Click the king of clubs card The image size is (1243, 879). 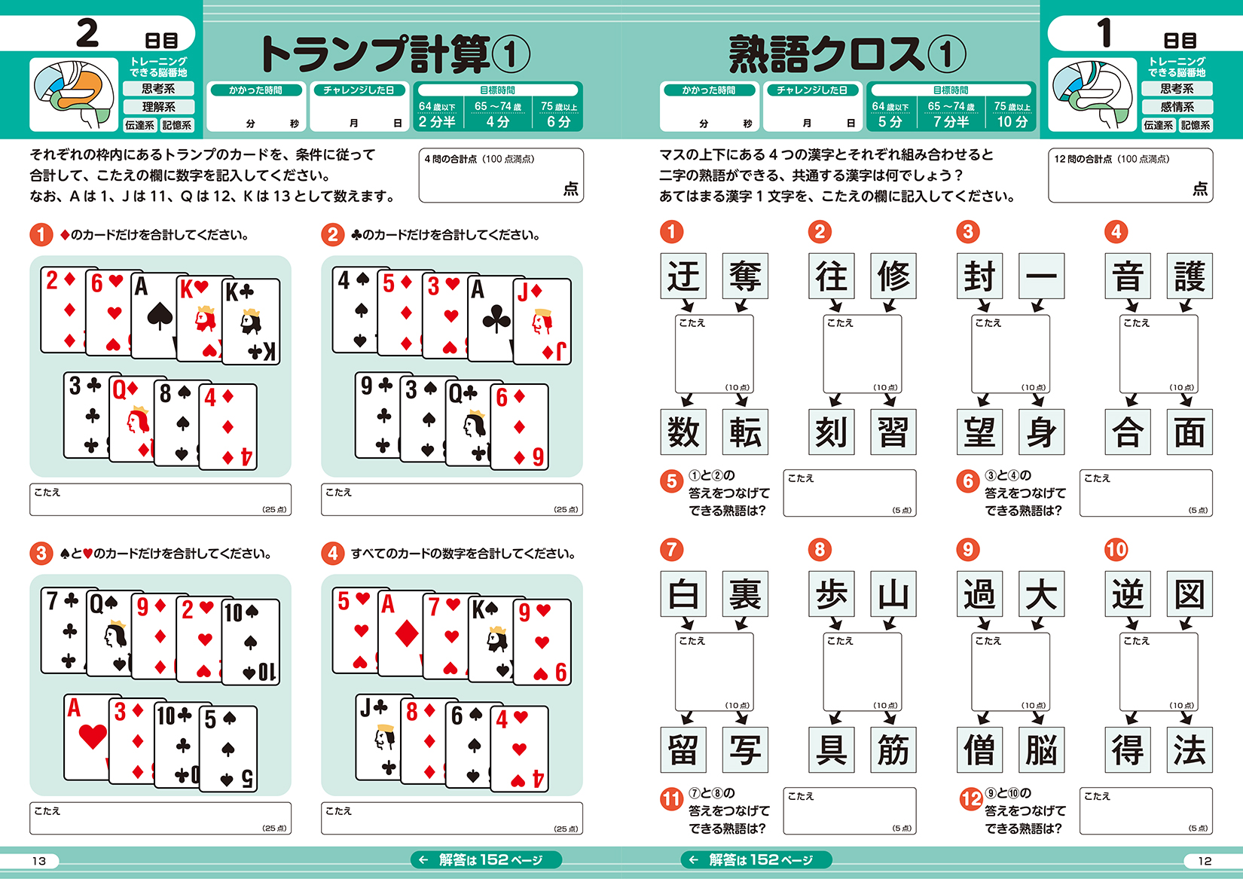[251, 322]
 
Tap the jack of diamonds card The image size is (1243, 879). [542, 322]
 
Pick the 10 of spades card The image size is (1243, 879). [251, 642]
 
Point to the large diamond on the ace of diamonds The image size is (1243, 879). [406, 633]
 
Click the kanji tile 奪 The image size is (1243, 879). [745, 276]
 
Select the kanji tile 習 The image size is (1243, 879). [893, 432]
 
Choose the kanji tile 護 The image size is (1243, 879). [1190, 276]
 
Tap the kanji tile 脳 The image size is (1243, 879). [1041, 749]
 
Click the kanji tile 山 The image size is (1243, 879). [893, 594]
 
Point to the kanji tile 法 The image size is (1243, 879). [1190, 749]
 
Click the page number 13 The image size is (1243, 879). [39, 861]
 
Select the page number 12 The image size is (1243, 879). [1204, 861]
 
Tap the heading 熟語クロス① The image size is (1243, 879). [847, 54]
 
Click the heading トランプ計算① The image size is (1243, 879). [395, 54]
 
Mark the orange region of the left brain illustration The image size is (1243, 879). [81, 90]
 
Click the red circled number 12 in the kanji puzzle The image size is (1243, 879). [971, 799]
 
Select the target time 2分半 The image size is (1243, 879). [437, 121]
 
